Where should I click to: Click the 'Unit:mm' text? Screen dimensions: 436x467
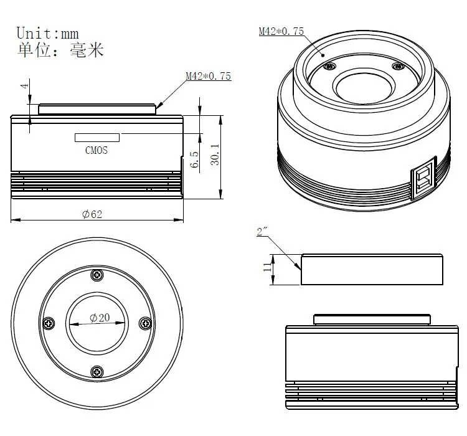[x=47, y=32]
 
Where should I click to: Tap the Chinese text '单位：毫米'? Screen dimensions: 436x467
[x=60, y=50]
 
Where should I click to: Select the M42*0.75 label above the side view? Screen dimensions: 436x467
[x=208, y=76]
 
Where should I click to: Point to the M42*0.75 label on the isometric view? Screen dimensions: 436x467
[x=281, y=31]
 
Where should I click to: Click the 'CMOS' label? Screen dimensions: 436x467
[x=97, y=150]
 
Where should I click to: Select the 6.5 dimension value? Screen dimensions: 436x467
[x=194, y=159]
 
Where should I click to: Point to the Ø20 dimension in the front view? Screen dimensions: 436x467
[x=100, y=318]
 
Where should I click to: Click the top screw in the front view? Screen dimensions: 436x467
[x=97, y=275]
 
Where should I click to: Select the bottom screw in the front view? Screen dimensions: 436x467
[x=97, y=372]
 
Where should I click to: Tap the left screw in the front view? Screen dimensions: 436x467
[x=49, y=323]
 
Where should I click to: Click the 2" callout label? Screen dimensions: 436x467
[x=262, y=232]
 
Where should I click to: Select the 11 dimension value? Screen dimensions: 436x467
[x=267, y=268]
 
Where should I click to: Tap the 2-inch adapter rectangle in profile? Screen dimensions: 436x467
[x=372, y=269]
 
